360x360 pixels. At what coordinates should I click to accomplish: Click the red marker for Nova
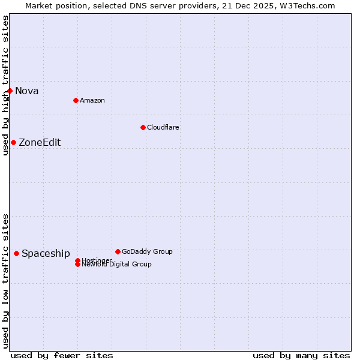point(10,91)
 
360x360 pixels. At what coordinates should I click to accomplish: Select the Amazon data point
point(76,100)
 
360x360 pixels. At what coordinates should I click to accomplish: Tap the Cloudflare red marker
point(143,127)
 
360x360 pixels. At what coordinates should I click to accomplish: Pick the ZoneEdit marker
point(13,142)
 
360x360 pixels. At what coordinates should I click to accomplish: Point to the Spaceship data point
point(16,253)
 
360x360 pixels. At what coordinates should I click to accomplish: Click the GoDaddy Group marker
point(118,251)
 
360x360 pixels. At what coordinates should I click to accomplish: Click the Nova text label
point(27,91)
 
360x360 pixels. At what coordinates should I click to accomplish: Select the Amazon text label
point(92,100)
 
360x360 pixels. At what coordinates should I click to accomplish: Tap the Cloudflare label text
point(163,127)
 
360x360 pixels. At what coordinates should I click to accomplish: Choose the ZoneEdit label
point(40,143)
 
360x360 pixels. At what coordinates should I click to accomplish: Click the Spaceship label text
point(46,254)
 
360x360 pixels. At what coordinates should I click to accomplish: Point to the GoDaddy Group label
point(147,251)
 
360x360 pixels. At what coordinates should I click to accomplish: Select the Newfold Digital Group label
point(116,265)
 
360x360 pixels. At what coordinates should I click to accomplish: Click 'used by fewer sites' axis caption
point(62,355)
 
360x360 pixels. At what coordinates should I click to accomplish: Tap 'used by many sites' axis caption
point(301,355)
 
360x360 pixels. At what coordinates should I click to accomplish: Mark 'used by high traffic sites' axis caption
point(5,85)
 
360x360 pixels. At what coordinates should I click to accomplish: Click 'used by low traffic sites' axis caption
point(5,281)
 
